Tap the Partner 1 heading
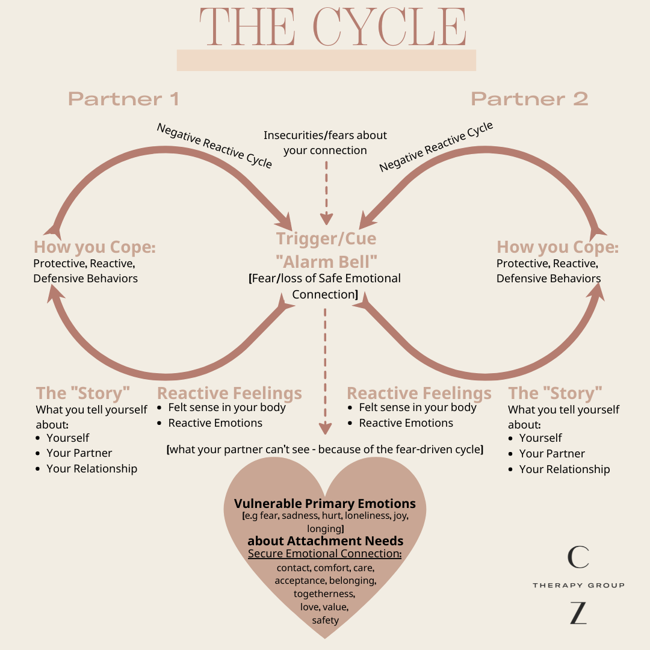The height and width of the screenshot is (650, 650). click(123, 99)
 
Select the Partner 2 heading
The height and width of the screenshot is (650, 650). click(529, 99)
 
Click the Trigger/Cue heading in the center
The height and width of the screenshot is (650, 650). click(326, 238)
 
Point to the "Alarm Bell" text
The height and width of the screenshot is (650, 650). click(326, 262)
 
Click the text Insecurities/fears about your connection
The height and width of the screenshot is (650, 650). click(326, 143)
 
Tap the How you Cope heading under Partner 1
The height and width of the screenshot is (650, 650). click(94, 247)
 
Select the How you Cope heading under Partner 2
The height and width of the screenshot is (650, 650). click(557, 247)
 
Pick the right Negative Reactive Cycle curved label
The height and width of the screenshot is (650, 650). click(436, 146)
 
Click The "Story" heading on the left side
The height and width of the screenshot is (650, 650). click(83, 393)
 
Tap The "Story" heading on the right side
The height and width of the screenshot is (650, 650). click(555, 393)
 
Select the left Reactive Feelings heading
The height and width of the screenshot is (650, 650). click(229, 394)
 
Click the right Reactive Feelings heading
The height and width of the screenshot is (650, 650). click(419, 394)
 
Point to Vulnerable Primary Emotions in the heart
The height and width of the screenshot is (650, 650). click(325, 503)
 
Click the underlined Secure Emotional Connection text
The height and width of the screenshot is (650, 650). click(325, 554)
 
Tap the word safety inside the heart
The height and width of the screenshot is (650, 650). click(325, 620)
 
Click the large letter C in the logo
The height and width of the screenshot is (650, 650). click(578, 557)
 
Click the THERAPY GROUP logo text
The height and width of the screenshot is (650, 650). click(578, 585)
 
